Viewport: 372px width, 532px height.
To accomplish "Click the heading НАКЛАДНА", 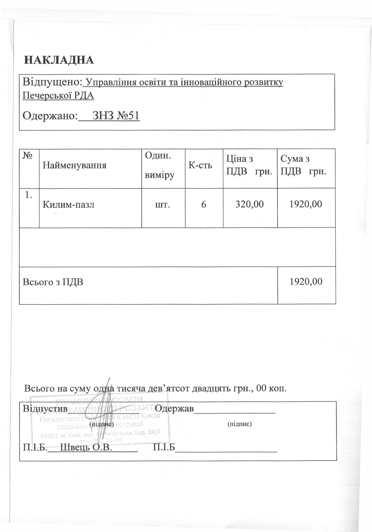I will pos(59,60).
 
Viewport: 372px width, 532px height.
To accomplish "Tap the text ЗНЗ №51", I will pos(116,116).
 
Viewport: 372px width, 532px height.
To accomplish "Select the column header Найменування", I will pos(74,165).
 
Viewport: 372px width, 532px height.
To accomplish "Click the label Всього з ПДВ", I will pos(53,281).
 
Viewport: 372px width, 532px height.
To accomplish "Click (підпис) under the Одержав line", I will pos(240,424).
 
